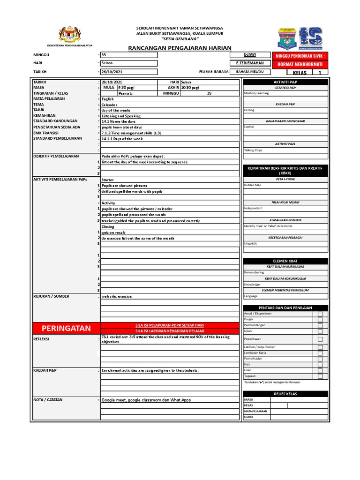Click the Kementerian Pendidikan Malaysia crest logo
pyautogui.click(x=69, y=35)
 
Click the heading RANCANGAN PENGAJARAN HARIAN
pyautogui.click(x=180, y=48)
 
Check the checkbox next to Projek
pyautogui.click(x=320, y=320)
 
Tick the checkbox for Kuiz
pyautogui.click(x=320, y=364)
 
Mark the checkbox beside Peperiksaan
pyautogui.click(x=320, y=339)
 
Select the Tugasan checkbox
pyautogui.click(x=320, y=376)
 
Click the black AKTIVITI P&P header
pyautogui.click(x=285, y=82)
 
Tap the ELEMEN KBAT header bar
pyautogui.click(x=285, y=261)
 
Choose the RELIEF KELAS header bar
pyautogui.click(x=285, y=394)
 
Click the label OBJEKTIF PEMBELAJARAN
pyautogui.click(x=56, y=156)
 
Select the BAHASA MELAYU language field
pyautogui.click(x=250, y=72)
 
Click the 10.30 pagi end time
pyautogui.click(x=190, y=88)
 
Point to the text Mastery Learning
pyautogui.click(x=256, y=93)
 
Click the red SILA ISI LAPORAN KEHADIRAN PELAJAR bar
pyautogui.click(x=170, y=331)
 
